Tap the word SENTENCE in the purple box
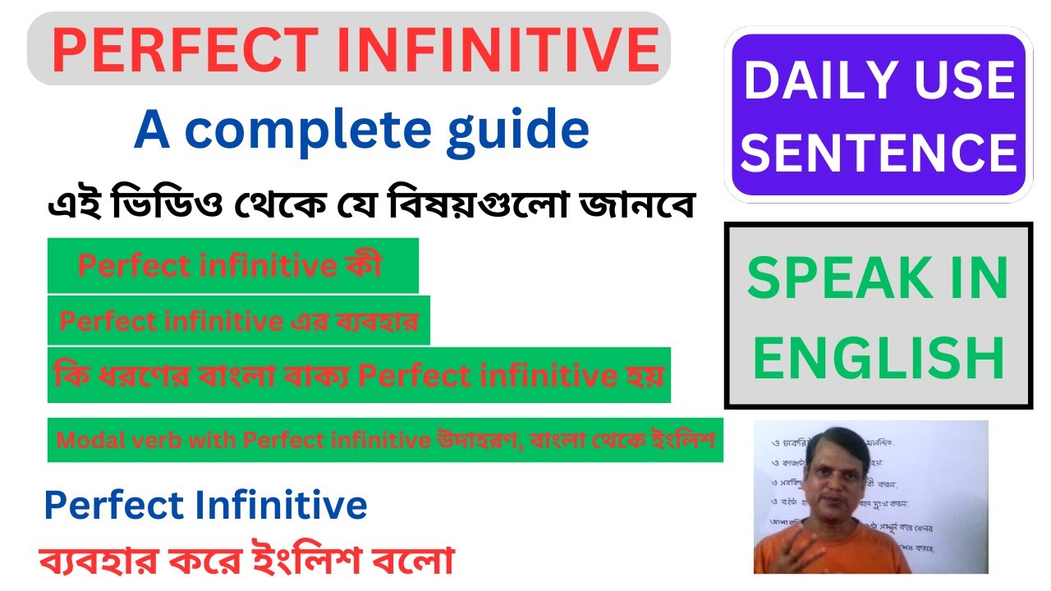tap(879, 153)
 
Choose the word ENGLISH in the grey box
tap(879, 358)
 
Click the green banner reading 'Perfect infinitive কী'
tap(232, 265)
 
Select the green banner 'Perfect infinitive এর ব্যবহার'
tap(238, 321)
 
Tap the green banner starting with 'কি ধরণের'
tap(359, 375)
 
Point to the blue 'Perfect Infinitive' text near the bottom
tap(205, 506)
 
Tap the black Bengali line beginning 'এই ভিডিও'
tap(369, 206)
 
